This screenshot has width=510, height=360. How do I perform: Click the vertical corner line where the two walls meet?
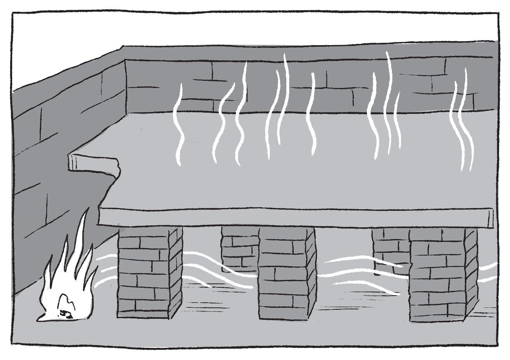pyautogui.click(x=125, y=86)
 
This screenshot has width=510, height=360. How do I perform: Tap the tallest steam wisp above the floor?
pyautogui.click(x=389, y=102)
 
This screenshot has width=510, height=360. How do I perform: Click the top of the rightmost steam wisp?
pyautogui.click(x=466, y=71)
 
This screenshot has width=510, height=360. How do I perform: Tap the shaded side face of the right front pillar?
pyautogui.click(x=471, y=275)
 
